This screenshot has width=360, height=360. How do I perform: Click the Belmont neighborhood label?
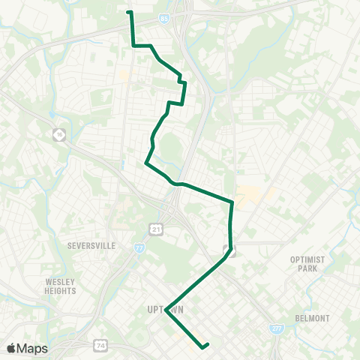[311, 318]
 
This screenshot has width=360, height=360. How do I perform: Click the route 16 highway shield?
[59, 134]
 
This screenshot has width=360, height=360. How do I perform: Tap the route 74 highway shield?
[101, 346]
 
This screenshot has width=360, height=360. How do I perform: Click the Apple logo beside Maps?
[12, 348]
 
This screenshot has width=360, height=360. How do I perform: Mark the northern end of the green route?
[129, 12]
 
